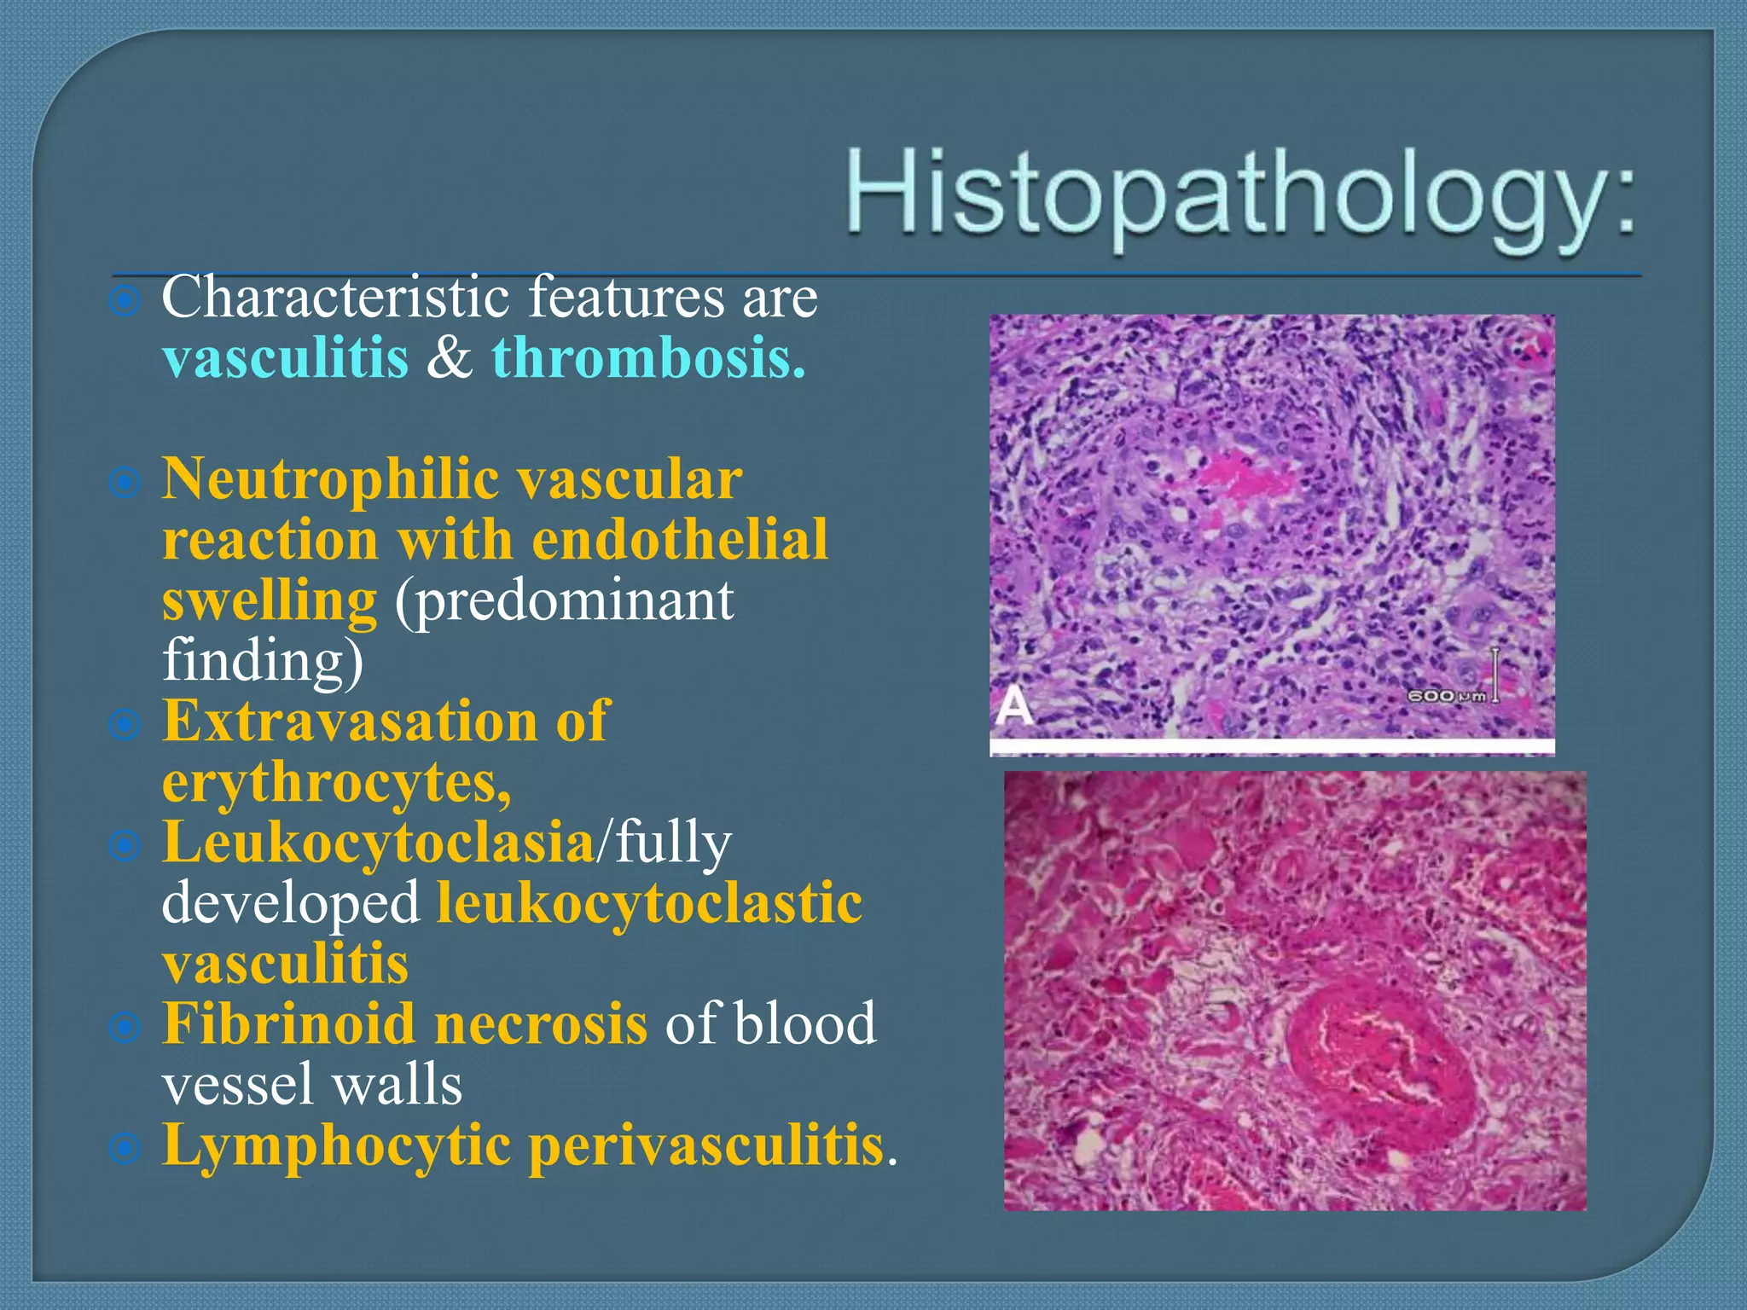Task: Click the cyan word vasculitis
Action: coord(285,358)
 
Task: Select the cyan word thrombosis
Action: coord(648,358)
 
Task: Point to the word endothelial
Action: coord(680,540)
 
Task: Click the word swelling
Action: coord(269,600)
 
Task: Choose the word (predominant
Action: coord(564,600)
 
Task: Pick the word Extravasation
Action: coord(350,722)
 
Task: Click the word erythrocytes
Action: coord(336,782)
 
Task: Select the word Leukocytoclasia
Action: coord(378,843)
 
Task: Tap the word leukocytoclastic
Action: coord(649,903)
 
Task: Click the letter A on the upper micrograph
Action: coord(1014,707)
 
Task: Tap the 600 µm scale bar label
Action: coord(1446,697)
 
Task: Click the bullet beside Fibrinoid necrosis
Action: coord(125,1028)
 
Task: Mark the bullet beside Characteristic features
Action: coord(125,300)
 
